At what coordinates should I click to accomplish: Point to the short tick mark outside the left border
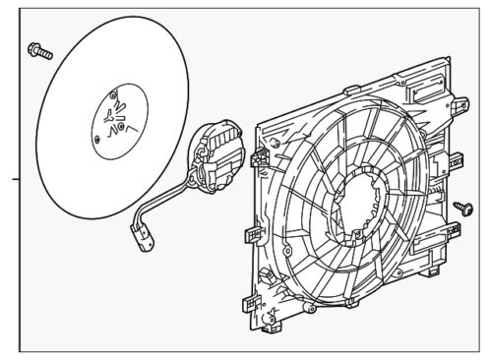(14, 180)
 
